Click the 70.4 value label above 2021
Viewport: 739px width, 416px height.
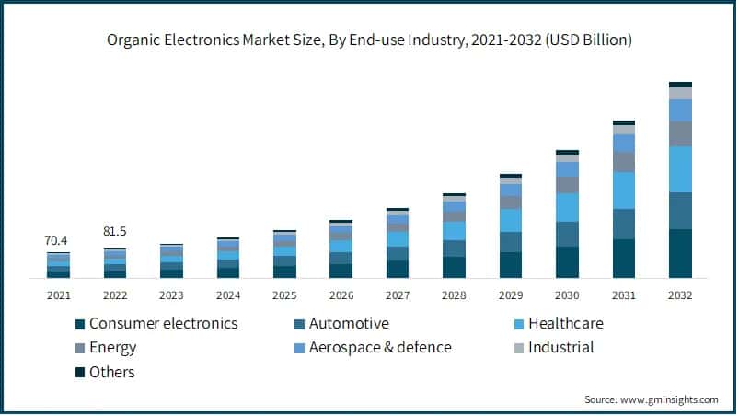[x=57, y=241]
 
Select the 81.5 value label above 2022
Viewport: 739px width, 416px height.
[x=114, y=231]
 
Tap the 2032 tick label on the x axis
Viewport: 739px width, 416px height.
[x=680, y=295]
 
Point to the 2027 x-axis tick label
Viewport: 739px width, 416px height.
[x=397, y=295]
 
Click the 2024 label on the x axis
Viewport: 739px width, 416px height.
[x=227, y=295]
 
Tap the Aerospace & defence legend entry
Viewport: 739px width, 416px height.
[x=380, y=348]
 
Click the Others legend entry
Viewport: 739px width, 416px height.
[x=111, y=372]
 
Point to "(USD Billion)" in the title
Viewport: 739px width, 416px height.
[x=587, y=40]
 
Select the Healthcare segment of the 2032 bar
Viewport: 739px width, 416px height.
[x=680, y=169]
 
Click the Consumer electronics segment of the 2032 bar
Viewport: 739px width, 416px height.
[x=680, y=253]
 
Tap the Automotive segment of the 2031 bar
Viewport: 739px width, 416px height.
[x=624, y=224]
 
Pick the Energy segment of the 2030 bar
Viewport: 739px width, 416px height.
[x=567, y=184]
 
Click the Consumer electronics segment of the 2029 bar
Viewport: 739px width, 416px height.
[x=511, y=265]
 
